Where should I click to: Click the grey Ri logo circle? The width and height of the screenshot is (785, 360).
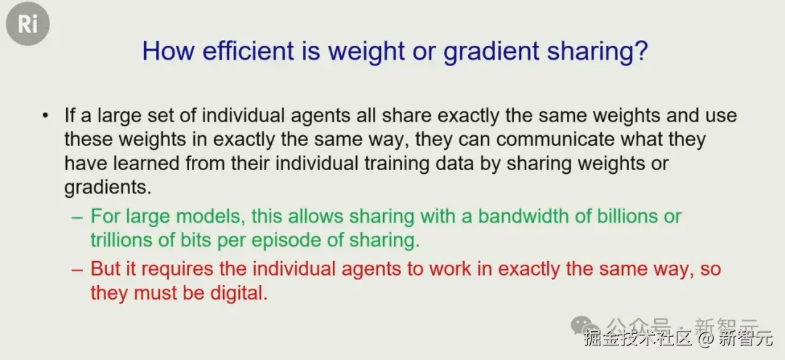28,23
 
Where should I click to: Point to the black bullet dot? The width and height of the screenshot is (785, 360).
46,116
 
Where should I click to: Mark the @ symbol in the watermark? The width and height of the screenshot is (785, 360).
705,339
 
